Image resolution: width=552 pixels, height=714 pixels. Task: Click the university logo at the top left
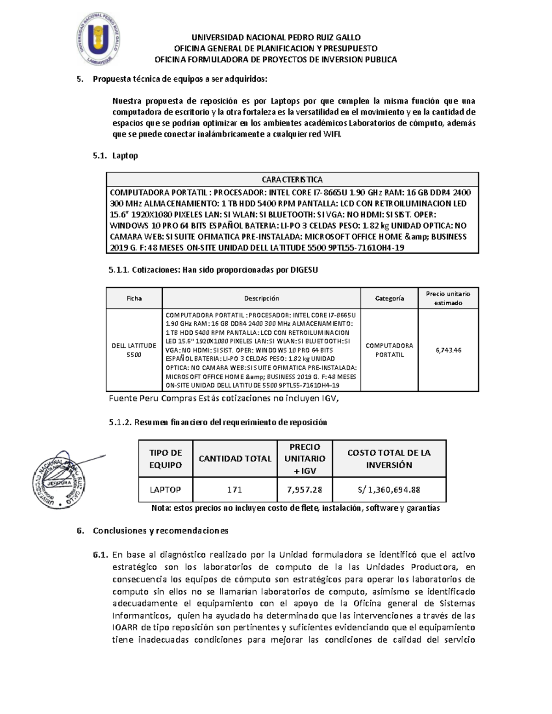tap(98, 38)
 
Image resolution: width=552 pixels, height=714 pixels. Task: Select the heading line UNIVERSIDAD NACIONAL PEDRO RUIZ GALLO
tap(276, 37)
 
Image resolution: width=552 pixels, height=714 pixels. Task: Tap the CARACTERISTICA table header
tap(292, 179)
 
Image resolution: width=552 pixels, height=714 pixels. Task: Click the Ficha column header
tap(134, 298)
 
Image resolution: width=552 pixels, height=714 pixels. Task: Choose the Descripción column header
tap(261, 298)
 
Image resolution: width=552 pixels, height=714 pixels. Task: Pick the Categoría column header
tap(389, 298)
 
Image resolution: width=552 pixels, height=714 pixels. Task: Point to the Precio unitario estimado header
tap(448, 298)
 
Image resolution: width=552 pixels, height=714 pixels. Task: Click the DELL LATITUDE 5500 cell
tap(134, 350)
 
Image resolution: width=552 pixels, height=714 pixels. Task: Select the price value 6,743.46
tap(448, 350)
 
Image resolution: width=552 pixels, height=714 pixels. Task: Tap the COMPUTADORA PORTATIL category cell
tap(389, 350)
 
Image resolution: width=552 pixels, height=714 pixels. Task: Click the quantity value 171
tap(235, 490)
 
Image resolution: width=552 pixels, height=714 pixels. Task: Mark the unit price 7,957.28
tap(305, 490)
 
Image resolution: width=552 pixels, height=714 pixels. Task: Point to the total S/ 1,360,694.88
tap(389, 490)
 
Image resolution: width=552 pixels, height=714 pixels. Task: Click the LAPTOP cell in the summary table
tap(165, 490)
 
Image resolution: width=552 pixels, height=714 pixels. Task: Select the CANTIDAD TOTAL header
tap(235, 458)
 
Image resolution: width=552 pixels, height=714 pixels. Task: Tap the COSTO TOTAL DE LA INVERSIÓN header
tap(389, 458)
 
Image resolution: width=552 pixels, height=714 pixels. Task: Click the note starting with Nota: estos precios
tap(295, 508)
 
